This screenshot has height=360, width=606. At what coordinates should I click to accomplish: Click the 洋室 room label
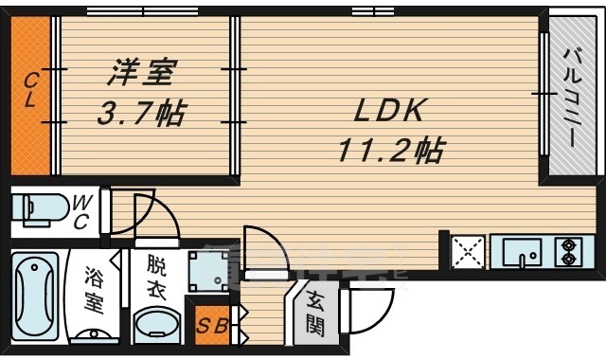point(140,71)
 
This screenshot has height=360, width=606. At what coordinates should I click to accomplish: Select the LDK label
point(389,112)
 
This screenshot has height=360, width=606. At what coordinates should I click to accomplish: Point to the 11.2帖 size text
point(389,150)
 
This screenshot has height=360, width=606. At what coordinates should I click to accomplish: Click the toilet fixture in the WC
point(40,207)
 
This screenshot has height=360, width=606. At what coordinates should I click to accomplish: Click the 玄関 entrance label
point(313,314)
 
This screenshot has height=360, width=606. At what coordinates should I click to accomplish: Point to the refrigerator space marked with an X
point(467,253)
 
